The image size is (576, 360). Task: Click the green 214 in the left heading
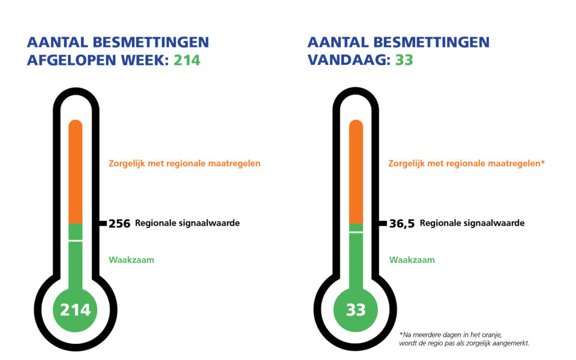[187, 61]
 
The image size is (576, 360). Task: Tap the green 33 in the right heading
[404, 61]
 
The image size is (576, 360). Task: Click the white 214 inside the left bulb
[75, 310]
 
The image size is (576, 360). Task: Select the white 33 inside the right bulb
[355, 310]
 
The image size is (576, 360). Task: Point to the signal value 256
[119, 224]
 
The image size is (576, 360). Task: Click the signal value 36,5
[401, 224]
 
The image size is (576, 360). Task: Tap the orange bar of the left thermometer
[75, 171]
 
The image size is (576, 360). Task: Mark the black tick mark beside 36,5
[383, 223]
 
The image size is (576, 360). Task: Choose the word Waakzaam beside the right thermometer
[412, 260]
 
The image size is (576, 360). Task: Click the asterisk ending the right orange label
[542, 162]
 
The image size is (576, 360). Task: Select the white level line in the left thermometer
[75, 240]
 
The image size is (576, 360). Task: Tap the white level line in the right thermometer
[355, 232]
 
